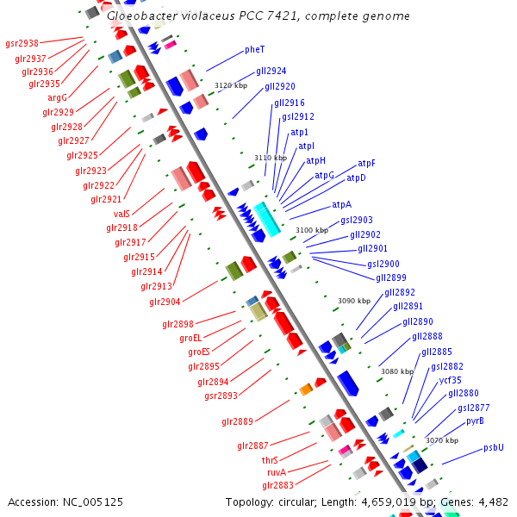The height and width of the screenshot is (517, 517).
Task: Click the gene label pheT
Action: (255, 50)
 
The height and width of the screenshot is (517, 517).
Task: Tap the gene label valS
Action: (121, 214)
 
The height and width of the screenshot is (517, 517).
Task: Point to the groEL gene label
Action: (190, 338)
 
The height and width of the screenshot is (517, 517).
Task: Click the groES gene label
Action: (199, 352)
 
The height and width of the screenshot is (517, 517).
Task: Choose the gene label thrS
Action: (270, 460)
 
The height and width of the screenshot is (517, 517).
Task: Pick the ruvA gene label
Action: (276, 472)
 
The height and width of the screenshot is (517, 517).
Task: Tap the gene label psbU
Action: (493, 447)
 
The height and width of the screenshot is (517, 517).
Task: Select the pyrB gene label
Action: (475, 421)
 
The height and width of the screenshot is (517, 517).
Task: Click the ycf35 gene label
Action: (450, 380)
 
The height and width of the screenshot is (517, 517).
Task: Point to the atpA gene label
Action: (341, 205)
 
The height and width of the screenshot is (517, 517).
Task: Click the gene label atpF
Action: (366, 163)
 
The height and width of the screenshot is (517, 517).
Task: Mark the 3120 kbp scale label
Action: (230, 85)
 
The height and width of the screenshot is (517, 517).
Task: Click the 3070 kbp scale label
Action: (441, 440)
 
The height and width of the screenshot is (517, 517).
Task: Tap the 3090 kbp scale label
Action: (353, 301)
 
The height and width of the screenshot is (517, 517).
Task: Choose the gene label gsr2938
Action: (22, 43)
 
